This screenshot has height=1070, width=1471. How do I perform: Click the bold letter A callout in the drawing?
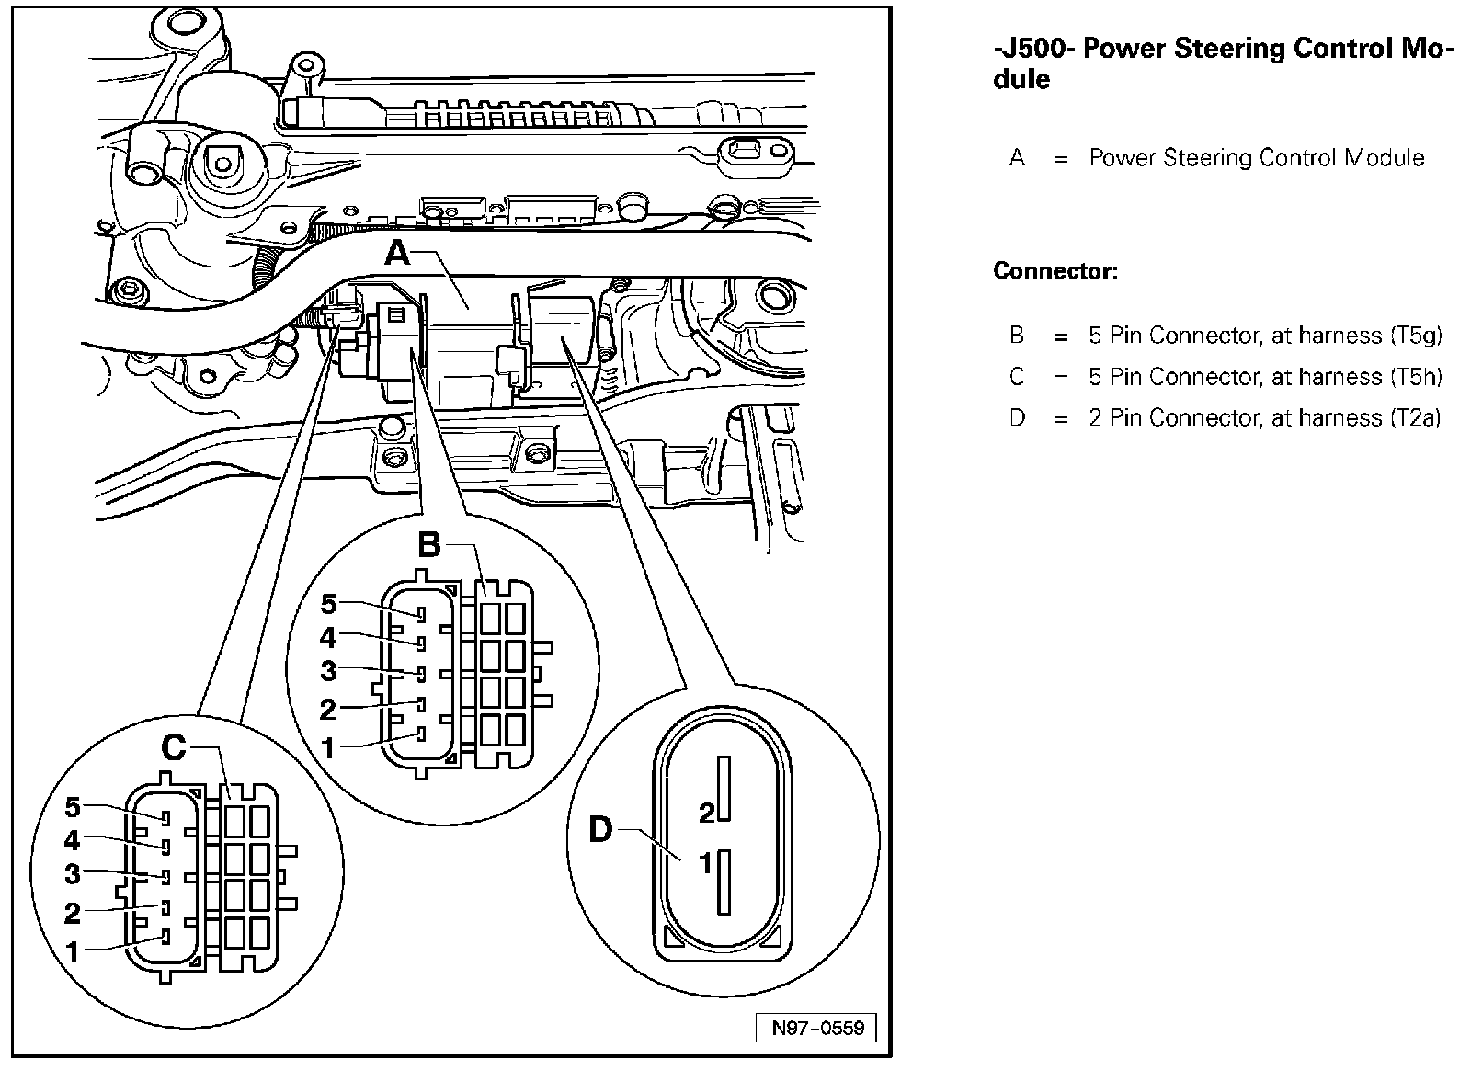(397, 252)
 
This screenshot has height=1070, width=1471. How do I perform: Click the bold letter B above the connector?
(429, 546)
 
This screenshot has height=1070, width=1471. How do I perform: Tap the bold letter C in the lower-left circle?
(174, 748)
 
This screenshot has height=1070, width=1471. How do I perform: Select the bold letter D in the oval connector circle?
(599, 831)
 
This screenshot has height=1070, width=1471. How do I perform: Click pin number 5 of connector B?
(328, 605)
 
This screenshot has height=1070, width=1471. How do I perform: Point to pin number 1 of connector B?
(328, 747)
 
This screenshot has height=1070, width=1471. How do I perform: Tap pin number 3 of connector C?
(73, 874)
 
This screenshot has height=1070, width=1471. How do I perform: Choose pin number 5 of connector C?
(73, 808)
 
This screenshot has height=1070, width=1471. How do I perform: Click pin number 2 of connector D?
(706, 813)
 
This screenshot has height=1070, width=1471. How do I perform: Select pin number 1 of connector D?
(706, 864)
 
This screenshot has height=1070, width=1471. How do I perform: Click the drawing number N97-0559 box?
(817, 1028)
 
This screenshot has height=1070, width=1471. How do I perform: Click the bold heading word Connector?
(1055, 272)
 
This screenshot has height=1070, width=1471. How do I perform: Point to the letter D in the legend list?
(1017, 418)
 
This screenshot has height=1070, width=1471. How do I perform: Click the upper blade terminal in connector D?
(724, 789)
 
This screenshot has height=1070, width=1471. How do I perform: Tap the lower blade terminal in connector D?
(724, 882)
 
